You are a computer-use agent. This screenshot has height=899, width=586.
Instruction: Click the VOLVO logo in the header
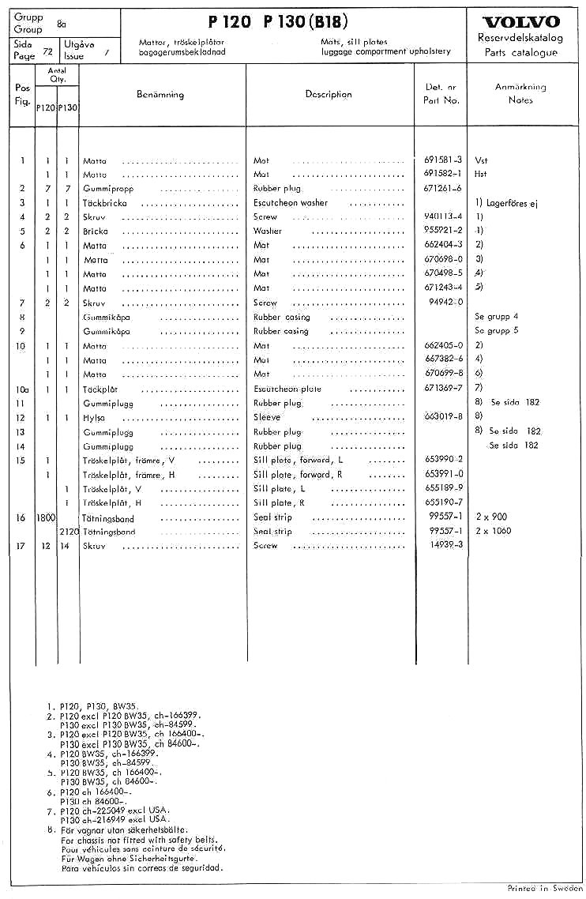click(521, 21)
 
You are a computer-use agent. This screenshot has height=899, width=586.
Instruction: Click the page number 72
click(48, 51)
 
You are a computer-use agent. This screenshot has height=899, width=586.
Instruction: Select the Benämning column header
click(160, 95)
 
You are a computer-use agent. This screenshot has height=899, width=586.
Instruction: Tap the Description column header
click(329, 95)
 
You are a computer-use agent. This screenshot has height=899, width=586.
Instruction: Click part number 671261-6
click(443, 188)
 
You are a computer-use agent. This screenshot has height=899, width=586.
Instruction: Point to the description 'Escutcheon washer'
click(290, 202)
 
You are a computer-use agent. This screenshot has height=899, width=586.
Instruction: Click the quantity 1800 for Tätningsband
click(45, 517)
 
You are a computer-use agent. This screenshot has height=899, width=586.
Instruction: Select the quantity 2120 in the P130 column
click(69, 532)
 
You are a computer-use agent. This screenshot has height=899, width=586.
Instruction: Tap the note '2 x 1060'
click(494, 531)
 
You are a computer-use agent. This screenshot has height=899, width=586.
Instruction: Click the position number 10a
click(22, 389)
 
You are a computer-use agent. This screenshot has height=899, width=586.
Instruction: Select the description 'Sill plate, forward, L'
click(298, 461)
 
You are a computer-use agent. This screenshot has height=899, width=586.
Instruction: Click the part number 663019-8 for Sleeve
click(443, 417)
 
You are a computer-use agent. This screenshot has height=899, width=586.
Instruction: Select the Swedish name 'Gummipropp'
click(107, 188)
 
